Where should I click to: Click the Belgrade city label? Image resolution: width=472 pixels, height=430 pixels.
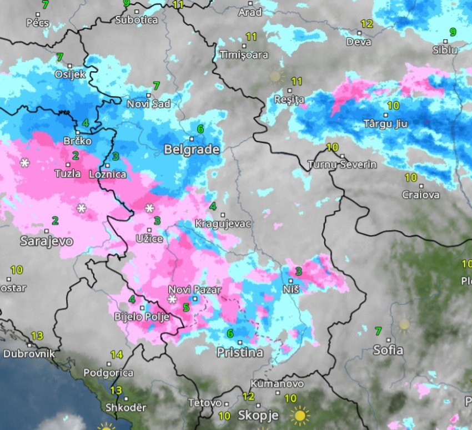[x=192, y=150]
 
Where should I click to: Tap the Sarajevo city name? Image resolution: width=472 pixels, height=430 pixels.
[x=39, y=241]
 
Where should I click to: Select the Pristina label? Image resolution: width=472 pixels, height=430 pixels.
[x=239, y=353]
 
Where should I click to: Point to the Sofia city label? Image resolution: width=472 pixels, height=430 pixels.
[x=388, y=350]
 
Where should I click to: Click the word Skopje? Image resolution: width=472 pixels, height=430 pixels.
[x=258, y=416]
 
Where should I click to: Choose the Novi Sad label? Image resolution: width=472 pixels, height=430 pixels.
[x=148, y=104]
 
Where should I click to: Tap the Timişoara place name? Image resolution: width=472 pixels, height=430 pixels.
[x=244, y=55]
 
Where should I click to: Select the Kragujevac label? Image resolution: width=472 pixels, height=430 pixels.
[x=223, y=224]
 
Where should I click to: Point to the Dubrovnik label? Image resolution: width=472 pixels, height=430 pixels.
[x=29, y=353]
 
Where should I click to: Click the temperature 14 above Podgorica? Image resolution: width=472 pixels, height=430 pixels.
[x=116, y=355]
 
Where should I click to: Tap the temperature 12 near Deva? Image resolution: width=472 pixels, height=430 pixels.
[x=366, y=24]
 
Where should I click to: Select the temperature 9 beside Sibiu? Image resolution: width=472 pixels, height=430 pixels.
[x=453, y=32]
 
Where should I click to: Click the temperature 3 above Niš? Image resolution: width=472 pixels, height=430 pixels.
[x=298, y=271]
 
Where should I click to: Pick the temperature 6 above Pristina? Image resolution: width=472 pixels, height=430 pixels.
[x=230, y=333]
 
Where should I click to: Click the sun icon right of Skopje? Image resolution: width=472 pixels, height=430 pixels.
[x=300, y=415]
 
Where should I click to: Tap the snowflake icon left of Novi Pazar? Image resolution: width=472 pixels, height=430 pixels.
[x=173, y=300]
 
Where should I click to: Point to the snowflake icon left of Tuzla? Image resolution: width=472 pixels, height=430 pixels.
[x=24, y=163]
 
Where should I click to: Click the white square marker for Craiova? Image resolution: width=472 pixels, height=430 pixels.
[x=421, y=186]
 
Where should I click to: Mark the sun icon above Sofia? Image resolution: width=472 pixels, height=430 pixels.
[x=404, y=324]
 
